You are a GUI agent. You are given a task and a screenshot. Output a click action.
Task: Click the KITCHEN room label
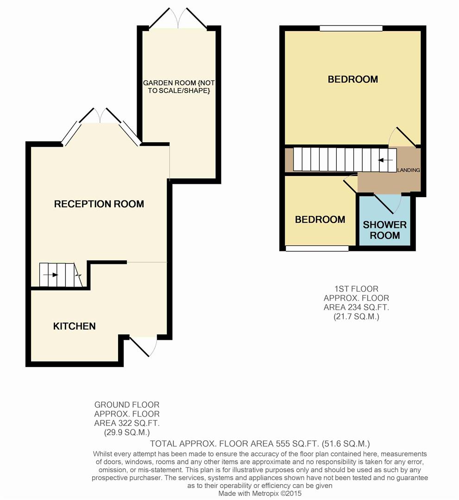click(74, 326)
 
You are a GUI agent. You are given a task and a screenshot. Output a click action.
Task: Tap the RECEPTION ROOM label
click(99, 204)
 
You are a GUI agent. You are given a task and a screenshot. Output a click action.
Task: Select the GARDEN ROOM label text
click(179, 87)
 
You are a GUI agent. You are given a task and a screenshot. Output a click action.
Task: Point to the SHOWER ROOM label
click(385, 230)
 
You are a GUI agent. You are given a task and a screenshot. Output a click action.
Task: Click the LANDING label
click(409, 170)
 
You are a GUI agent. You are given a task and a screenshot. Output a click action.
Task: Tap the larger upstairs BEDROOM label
click(353, 79)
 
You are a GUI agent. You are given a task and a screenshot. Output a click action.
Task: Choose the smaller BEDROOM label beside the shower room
click(320, 219)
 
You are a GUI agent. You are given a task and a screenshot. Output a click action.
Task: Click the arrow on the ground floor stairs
click(50, 275)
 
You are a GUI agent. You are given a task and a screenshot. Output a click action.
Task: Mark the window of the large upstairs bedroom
click(351, 28)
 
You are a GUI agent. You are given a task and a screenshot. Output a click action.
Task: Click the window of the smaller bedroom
click(317, 249)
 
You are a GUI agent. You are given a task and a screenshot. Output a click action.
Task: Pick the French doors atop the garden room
click(178, 19)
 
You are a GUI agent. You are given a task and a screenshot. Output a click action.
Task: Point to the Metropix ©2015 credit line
click(260, 494)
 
